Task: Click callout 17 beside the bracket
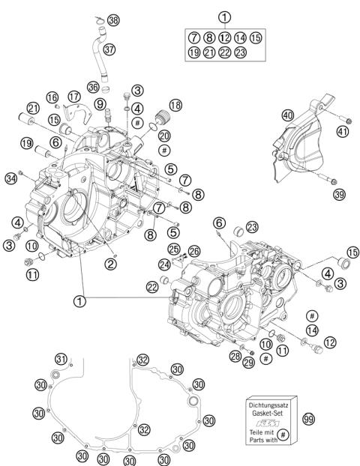tap(73, 97)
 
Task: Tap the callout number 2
tap(110, 262)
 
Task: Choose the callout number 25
tap(173, 249)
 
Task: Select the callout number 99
tap(308, 419)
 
